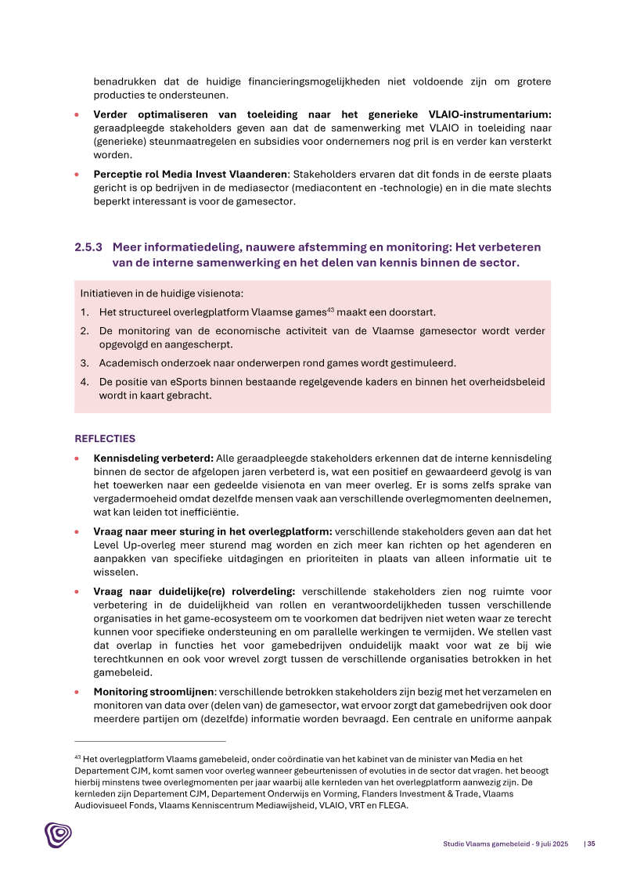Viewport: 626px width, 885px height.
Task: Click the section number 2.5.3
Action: click(x=88, y=247)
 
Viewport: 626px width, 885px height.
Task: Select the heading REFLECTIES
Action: click(x=105, y=438)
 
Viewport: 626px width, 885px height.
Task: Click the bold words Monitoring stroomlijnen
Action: click(x=154, y=692)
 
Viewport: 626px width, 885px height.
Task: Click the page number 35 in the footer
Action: click(x=592, y=844)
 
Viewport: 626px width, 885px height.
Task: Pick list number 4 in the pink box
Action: click(x=84, y=382)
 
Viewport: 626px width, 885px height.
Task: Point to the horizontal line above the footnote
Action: click(x=149, y=741)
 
